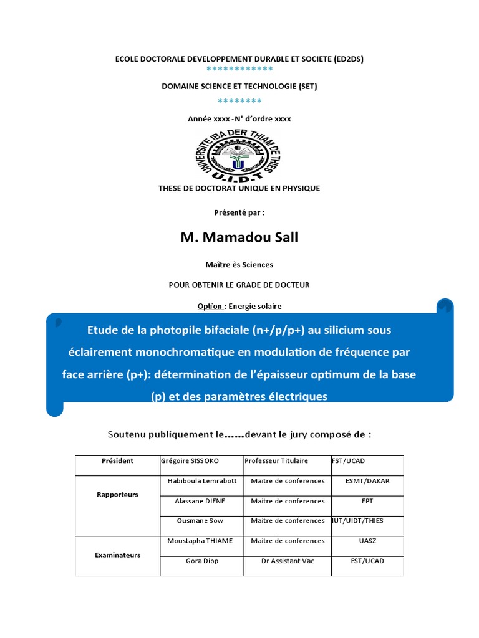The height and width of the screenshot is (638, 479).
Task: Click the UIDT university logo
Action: click(238, 154)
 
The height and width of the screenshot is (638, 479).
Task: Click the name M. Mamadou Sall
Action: click(239, 237)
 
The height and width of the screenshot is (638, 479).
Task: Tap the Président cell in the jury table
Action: click(117, 461)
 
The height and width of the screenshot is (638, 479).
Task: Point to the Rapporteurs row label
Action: click(117, 495)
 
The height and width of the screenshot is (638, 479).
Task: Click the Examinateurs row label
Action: click(117, 555)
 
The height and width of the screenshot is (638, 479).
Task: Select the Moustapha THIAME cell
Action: click(200, 541)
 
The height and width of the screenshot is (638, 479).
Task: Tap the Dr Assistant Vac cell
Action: click(288, 561)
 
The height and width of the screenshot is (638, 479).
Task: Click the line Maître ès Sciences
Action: click(239, 265)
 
